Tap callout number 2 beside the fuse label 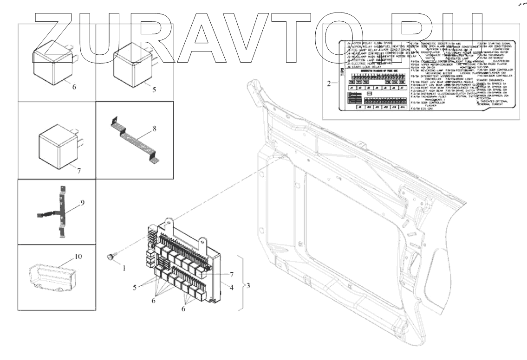(x=329, y=84)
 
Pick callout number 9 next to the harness (x=82, y=202)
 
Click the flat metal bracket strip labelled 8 (x=135, y=141)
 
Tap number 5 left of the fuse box (x=135, y=288)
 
